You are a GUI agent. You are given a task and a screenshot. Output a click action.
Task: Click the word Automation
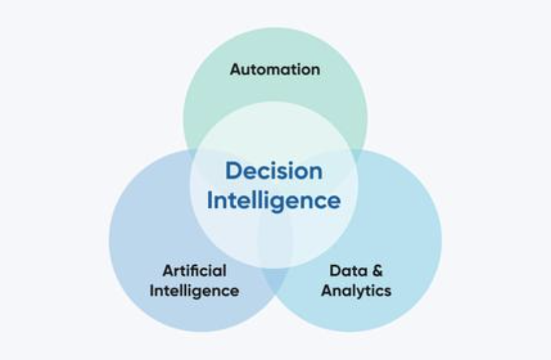click(275, 69)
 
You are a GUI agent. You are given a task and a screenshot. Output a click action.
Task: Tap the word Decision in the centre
click(274, 172)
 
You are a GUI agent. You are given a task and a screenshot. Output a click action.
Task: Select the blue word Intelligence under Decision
click(274, 200)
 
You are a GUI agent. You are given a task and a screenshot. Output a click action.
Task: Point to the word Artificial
click(194, 270)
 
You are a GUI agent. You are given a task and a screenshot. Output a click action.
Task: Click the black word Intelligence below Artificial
click(194, 290)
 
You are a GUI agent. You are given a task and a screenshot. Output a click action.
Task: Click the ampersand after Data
click(376, 270)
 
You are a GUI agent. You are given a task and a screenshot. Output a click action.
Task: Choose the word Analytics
click(356, 290)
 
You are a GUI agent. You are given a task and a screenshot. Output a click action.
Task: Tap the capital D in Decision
click(234, 172)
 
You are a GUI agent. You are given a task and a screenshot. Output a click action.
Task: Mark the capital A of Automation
click(235, 69)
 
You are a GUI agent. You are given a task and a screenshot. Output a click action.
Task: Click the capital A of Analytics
click(327, 290)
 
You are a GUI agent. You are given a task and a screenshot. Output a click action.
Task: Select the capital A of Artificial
click(167, 270)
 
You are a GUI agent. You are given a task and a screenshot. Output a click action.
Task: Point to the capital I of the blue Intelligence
click(210, 200)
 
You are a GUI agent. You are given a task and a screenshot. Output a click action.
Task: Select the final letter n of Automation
click(315, 70)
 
